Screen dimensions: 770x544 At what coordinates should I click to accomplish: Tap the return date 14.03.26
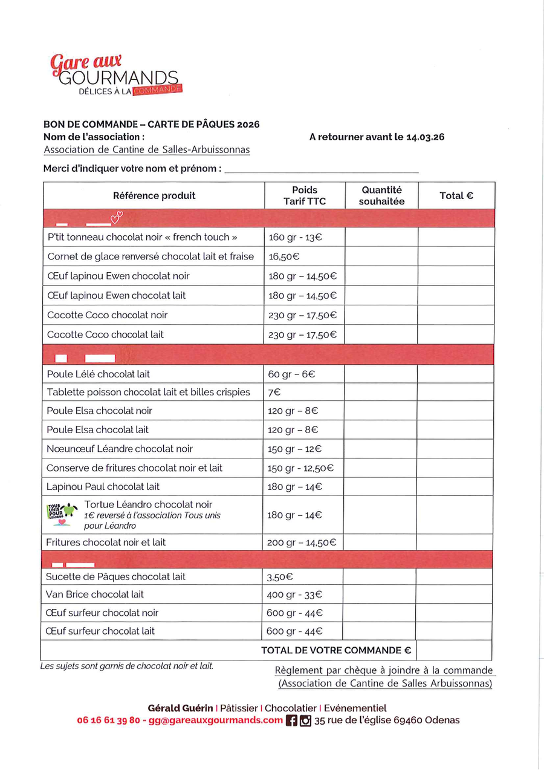point(426,137)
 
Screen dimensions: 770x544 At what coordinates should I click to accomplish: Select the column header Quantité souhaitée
point(381,195)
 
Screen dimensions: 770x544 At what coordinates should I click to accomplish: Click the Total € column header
point(456,195)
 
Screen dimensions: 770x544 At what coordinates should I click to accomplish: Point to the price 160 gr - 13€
point(296,237)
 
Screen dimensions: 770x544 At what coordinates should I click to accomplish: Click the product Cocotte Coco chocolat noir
point(108,315)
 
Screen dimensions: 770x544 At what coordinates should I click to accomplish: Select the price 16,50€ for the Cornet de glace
point(285,256)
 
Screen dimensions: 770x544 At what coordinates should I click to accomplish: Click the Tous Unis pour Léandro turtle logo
point(62,514)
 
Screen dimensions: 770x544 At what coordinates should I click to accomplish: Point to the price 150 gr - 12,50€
point(300,468)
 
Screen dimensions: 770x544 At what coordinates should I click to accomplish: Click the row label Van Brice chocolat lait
point(95,594)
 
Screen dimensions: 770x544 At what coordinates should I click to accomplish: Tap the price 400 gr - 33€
point(294,595)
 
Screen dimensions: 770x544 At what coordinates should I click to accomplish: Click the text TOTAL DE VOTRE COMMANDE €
point(336,650)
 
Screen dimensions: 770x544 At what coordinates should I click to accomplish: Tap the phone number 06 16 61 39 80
point(109,720)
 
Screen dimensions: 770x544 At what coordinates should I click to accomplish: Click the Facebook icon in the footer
point(291,720)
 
